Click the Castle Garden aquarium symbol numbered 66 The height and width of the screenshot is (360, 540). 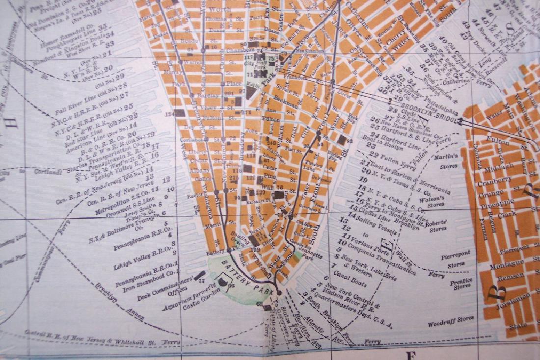pyautogui.click(x=222, y=283)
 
